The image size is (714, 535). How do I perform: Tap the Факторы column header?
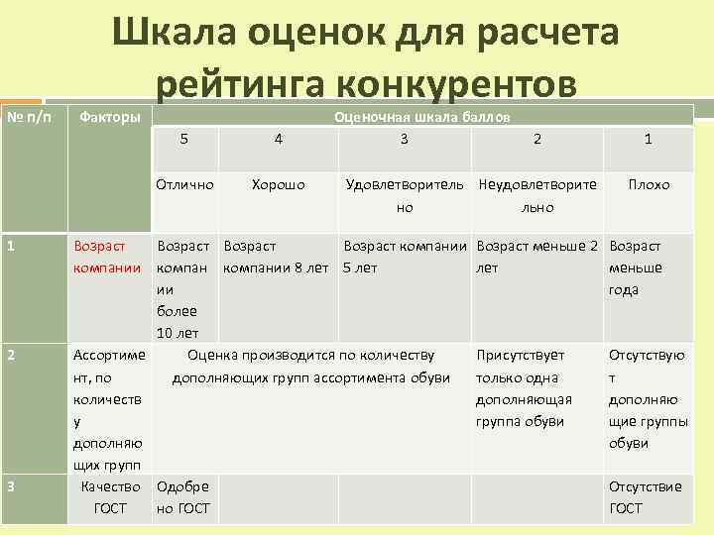pyautogui.click(x=109, y=118)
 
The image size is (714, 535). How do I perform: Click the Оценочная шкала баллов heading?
pyautogui.click(x=423, y=117)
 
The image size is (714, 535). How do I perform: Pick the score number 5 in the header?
pyautogui.click(x=184, y=139)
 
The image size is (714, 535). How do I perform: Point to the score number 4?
pyautogui.click(x=279, y=139)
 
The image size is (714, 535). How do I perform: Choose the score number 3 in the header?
pyautogui.click(x=404, y=139)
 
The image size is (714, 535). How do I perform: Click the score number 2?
pyautogui.click(x=536, y=139)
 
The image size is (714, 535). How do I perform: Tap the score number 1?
pyautogui.click(x=648, y=139)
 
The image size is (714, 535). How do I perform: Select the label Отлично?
pyautogui.click(x=184, y=184)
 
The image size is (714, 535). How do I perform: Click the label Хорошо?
pyautogui.click(x=279, y=184)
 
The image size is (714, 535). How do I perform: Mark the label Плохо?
pyautogui.click(x=648, y=184)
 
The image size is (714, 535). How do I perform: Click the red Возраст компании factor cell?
pyautogui.click(x=100, y=257)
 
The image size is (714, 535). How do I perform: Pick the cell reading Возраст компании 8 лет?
pyautogui.click(x=276, y=257)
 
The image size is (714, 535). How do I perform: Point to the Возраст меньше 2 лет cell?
pyautogui.click(x=536, y=257)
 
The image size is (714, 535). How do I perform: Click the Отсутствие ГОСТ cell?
pyautogui.click(x=646, y=497)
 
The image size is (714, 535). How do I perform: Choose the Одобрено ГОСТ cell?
pyautogui.click(x=182, y=497)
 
